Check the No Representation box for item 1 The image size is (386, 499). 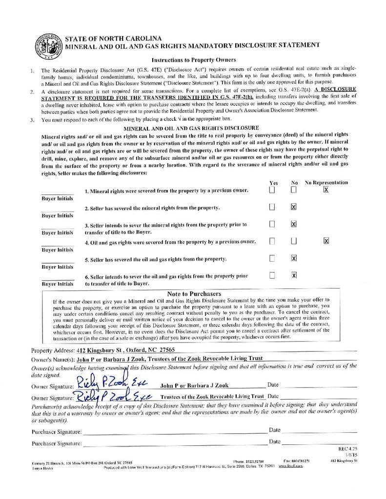tap(326, 190)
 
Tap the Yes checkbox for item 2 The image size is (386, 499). tap(272, 207)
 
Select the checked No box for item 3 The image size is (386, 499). tap(294, 224)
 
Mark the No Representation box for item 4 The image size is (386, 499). tap(326, 241)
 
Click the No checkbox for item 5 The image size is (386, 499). tap(294, 258)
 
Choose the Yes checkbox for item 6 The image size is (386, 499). tap(272, 275)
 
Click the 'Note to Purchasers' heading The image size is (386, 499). tap(194, 294)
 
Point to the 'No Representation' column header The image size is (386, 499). tap(326, 182)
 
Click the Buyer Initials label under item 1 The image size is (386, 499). tap(57, 198)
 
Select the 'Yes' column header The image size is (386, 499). tap(274, 183)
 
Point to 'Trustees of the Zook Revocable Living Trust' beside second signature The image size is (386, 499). tap(212, 397)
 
